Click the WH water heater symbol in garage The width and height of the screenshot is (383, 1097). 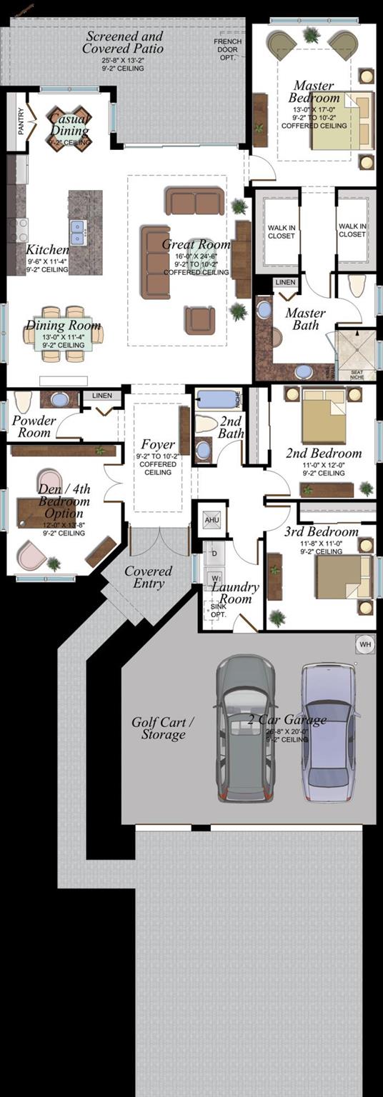[x=365, y=644]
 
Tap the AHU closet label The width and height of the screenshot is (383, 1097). [x=212, y=519]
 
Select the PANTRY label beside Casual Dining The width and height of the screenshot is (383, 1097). [x=20, y=121]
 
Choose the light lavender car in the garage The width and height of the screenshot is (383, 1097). [x=327, y=732]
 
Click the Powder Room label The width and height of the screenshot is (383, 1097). [x=34, y=426]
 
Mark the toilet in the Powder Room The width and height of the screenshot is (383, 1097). [x=23, y=401]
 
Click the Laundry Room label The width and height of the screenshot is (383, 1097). [x=235, y=593]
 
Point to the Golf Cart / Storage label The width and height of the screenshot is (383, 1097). [x=163, y=728]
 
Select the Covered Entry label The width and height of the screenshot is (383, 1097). [x=148, y=577]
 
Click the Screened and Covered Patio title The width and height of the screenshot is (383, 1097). [x=124, y=42]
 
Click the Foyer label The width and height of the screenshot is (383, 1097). [x=158, y=444]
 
